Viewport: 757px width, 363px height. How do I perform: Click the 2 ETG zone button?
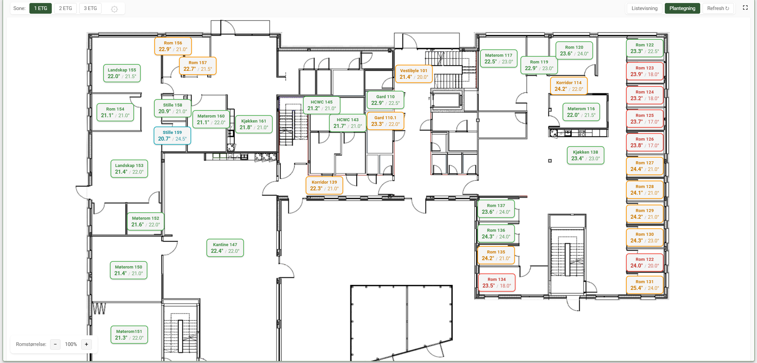65,8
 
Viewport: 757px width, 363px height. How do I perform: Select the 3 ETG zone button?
90,8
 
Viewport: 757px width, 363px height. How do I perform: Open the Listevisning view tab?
644,8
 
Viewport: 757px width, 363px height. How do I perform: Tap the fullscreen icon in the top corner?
745,8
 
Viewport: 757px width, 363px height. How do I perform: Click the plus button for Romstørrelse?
87,344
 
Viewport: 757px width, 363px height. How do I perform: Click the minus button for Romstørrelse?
55,344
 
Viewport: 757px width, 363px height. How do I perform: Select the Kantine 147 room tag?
225,248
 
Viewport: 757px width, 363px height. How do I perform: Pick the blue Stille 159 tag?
172,136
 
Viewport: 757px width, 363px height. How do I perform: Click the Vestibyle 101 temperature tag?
414,74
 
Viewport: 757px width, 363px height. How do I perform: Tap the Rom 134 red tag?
497,283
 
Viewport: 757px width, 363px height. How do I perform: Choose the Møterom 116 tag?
581,112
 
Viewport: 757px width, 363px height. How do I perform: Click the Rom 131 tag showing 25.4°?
645,285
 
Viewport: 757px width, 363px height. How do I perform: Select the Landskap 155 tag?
122,73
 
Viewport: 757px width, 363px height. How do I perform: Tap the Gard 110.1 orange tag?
386,121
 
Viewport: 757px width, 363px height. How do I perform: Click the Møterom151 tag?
129,335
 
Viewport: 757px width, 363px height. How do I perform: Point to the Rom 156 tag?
173,46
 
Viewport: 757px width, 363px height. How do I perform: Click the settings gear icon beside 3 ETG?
115,9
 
